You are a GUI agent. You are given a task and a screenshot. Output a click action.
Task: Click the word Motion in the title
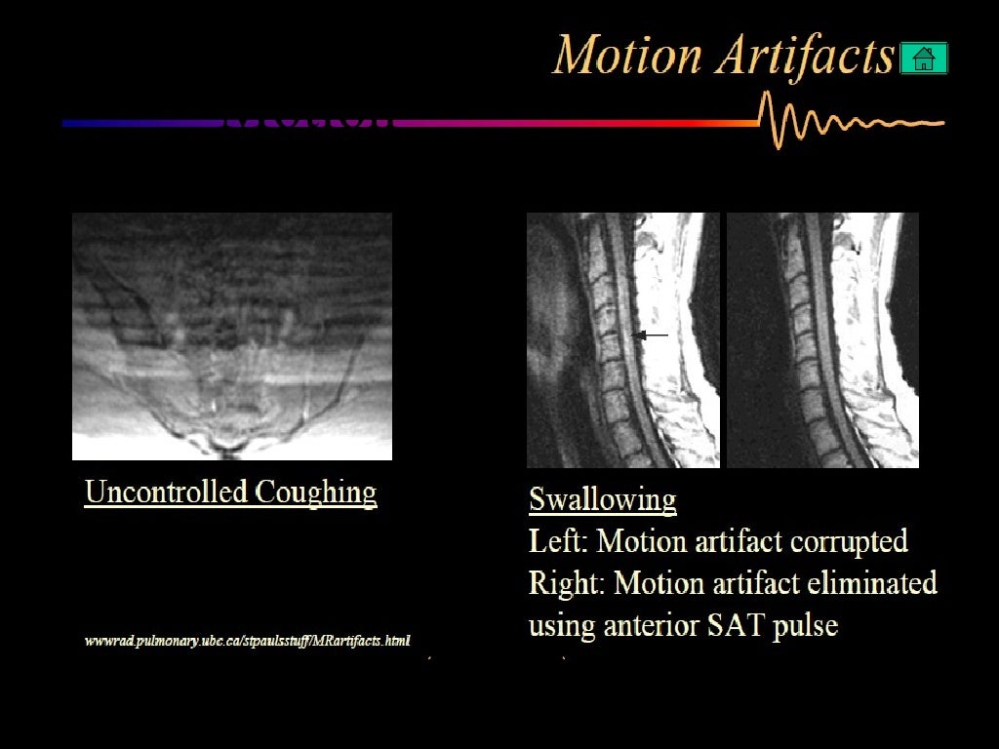[627, 57]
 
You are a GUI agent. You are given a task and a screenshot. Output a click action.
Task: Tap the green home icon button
[923, 59]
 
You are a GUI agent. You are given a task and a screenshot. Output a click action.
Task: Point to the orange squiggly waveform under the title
[849, 122]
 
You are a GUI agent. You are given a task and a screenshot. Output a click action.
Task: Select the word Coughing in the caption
[316, 493]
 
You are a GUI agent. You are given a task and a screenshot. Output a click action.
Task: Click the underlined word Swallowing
[602, 500]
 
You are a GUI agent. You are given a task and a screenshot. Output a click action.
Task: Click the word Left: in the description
[558, 540]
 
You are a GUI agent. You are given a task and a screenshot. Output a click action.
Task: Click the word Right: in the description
[567, 583]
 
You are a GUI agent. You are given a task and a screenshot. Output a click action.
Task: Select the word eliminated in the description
[871, 583]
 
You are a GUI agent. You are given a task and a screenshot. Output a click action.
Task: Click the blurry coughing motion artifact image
[232, 336]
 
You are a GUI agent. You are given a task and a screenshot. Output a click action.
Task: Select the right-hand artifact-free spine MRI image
[822, 340]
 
